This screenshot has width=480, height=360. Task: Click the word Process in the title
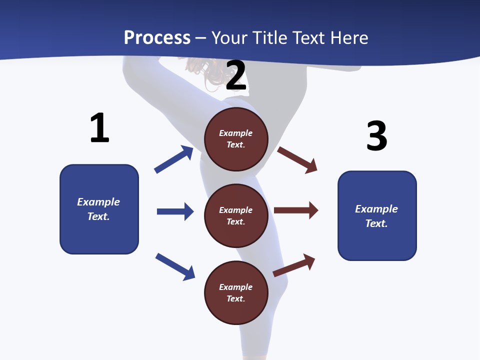[157, 37]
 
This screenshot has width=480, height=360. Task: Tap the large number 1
[99, 128]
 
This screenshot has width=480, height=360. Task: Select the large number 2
[236, 75]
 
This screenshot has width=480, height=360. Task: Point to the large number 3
[376, 135]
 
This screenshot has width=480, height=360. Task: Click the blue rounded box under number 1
[99, 209]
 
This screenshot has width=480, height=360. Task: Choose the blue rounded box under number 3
[377, 216]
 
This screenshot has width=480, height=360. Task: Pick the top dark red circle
[236, 139]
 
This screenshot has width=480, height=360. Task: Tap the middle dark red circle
[236, 215]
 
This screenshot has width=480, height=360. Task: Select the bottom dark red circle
[236, 292]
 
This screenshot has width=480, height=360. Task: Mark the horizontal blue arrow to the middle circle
[175, 211]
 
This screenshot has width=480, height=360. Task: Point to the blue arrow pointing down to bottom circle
[175, 266]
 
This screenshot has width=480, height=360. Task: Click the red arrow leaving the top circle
[297, 159]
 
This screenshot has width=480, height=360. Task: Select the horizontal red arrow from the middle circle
[296, 210]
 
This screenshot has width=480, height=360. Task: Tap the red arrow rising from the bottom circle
[294, 265]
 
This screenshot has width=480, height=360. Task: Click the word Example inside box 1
[98, 202]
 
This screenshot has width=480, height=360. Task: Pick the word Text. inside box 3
[376, 223]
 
